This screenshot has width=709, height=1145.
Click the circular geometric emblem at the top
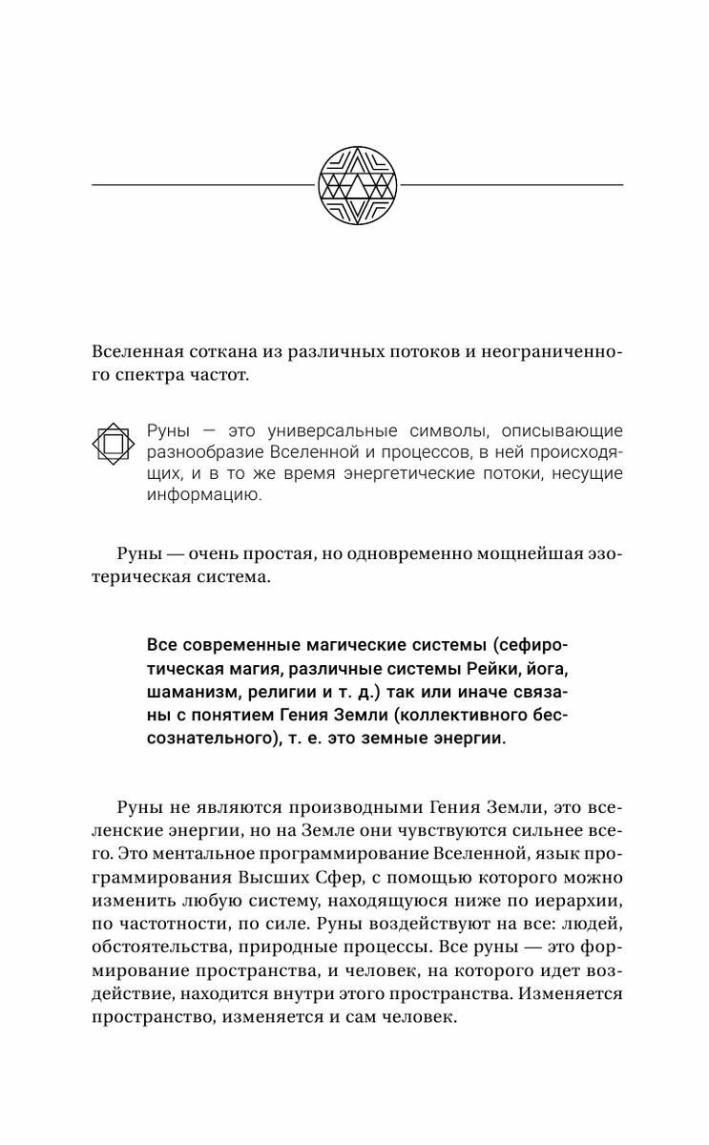354,183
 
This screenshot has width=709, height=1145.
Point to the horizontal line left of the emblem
202,184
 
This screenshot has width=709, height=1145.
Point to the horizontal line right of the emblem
508,184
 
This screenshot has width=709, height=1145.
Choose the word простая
299,556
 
